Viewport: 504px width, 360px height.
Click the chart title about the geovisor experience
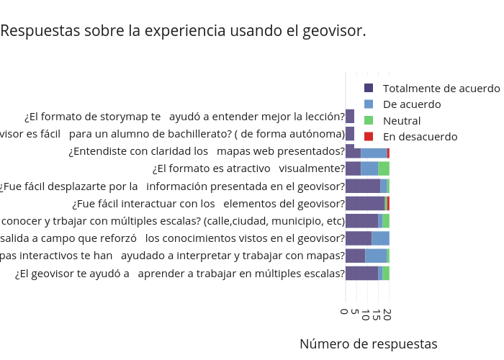[x=183, y=32]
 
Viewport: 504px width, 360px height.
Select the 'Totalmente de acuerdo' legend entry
[x=441, y=89]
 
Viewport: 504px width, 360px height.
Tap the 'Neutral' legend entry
[x=401, y=120]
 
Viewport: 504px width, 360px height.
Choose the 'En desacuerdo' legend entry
[x=420, y=136]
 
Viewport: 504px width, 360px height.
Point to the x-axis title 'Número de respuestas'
[x=368, y=343]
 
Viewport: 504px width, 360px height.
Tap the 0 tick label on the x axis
[x=346, y=311]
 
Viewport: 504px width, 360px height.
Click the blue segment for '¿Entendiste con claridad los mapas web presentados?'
[x=374, y=151]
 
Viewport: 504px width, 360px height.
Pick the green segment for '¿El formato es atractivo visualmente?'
[x=384, y=168]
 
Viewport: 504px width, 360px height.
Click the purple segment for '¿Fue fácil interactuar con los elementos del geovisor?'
[x=365, y=203]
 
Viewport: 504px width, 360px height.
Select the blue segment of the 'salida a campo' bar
[x=380, y=238]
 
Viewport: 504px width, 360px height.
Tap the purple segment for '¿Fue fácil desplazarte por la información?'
[x=363, y=186]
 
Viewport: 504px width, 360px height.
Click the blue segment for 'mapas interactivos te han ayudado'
[x=376, y=256]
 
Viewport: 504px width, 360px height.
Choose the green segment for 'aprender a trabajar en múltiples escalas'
[x=386, y=273]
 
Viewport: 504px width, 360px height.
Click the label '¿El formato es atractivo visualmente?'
[x=248, y=168]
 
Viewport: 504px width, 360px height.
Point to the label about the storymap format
[x=184, y=117]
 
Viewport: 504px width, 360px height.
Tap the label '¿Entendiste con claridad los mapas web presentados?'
[x=207, y=151]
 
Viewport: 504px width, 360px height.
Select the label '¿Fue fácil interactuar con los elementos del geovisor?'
[x=208, y=203]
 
